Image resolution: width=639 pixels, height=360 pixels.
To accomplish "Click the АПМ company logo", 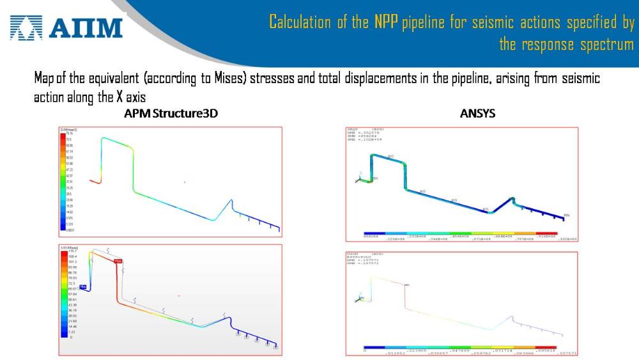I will pyautogui.click(x=66, y=27).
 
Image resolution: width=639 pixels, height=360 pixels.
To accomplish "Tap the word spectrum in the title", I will pyautogui.click(x=607, y=45).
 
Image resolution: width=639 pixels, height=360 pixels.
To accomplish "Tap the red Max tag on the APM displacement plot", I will pyautogui.click(x=117, y=261).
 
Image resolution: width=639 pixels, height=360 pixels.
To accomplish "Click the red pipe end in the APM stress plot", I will pyautogui.click(x=95, y=182).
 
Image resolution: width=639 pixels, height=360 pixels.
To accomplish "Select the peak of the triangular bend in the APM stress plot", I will pyautogui.click(x=231, y=200).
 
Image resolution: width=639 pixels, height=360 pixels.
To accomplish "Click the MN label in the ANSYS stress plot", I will pyautogui.click(x=566, y=215).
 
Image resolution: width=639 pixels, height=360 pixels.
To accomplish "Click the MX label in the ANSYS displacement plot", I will pyautogui.click(x=406, y=285).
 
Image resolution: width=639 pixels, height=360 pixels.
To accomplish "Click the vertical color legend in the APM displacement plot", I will pyautogui.click(x=64, y=294).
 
